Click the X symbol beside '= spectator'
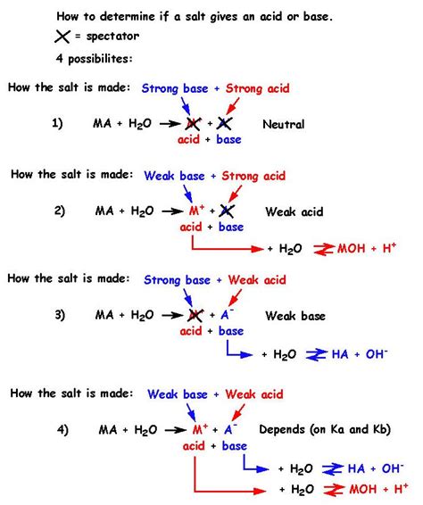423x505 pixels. pyautogui.click(x=39, y=37)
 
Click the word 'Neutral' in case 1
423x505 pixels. pyautogui.click(x=284, y=125)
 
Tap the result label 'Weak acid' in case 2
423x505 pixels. pyautogui.click(x=294, y=212)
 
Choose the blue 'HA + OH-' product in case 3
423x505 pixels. pyautogui.click(x=353, y=354)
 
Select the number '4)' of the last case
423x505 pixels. pyautogui.click(x=62, y=429)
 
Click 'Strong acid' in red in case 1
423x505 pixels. pyautogui.click(x=258, y=88)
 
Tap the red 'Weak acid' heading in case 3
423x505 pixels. pyautogui.click(x=261, y=280)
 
